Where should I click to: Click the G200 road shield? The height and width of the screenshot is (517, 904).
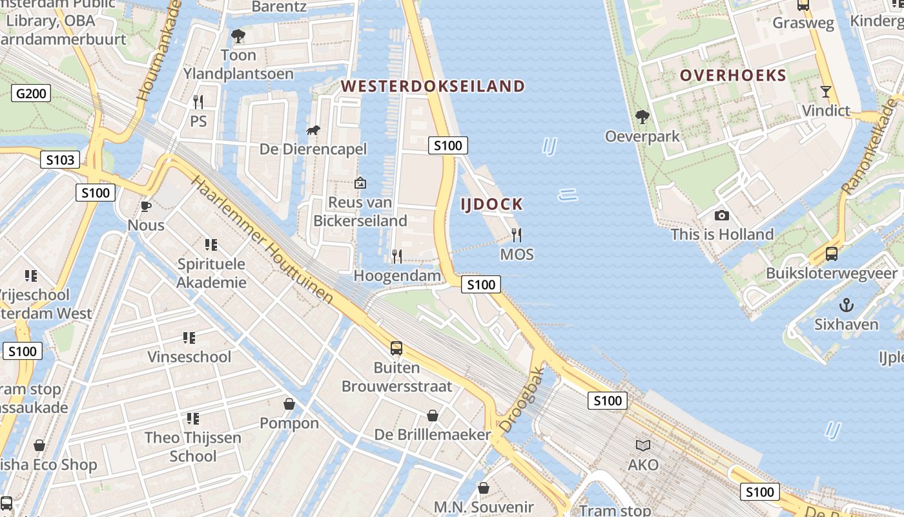pos(31,94)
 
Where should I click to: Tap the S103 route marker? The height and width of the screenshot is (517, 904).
pos(60,160)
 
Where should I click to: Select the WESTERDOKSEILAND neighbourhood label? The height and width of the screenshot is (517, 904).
pos(433,86)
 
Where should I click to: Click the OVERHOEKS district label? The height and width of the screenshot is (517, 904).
pos(733,75)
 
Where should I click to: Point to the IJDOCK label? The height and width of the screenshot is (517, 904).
pos(491,205)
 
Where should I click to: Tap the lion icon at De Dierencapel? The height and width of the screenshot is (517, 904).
pos(313,131)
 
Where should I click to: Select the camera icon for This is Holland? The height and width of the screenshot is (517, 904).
pos(722,216)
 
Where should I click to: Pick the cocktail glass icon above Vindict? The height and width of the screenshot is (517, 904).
pos(825,92)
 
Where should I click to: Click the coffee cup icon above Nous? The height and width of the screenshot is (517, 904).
pos(146,207)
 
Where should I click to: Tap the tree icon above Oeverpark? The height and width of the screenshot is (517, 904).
pos(642,117)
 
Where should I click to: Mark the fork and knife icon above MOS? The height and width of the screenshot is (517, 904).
pos(517,235)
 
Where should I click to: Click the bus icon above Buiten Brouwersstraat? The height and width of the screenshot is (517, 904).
pos(396,348)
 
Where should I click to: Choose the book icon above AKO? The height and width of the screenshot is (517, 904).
pos(643,445)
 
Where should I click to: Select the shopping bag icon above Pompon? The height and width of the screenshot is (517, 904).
pos(289,404)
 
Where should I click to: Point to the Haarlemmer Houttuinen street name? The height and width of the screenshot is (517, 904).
pos(263,240)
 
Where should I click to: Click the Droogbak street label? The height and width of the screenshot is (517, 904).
pos(522,400)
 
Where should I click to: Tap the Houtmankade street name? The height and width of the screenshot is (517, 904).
pos(156,52)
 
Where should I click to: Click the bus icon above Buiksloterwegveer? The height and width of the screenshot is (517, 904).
pos(832,254)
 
